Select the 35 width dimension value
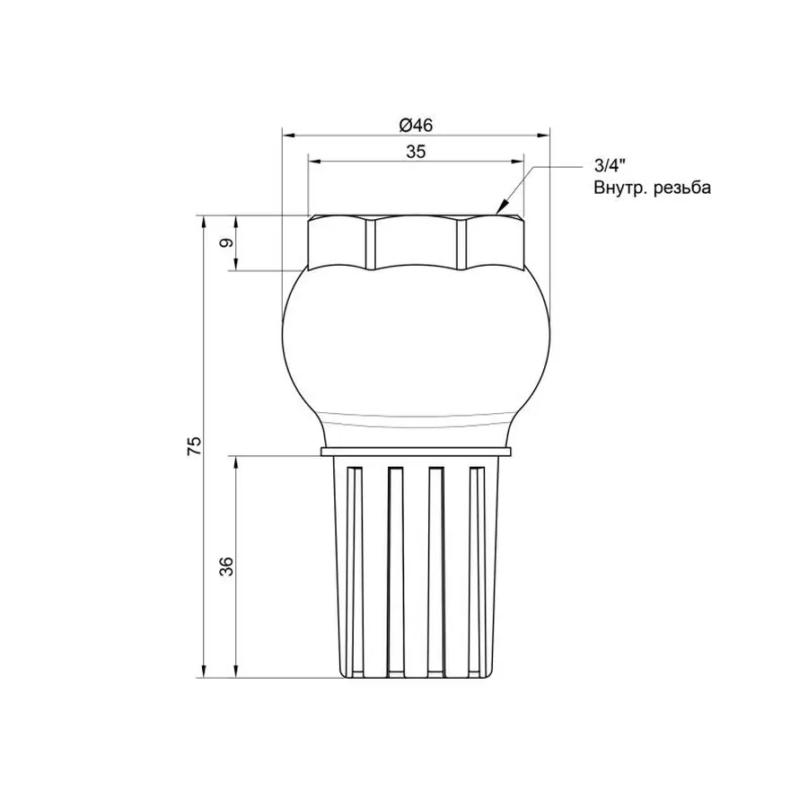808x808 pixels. pyautogui.click(x=415, y=152)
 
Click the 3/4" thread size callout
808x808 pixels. pyautogui.click(x=608, y=166)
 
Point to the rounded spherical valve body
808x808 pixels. pyautogui.click(x=415, y=350)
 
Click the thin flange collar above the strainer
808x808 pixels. pyautogui.click(x=415, y=452)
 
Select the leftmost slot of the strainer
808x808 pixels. pyautogui.click(x=353, y=566)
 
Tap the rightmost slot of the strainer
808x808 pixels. pyautogui.click(x=478, y=566)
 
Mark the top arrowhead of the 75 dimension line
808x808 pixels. pyautogui.click(x=204, y=221)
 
